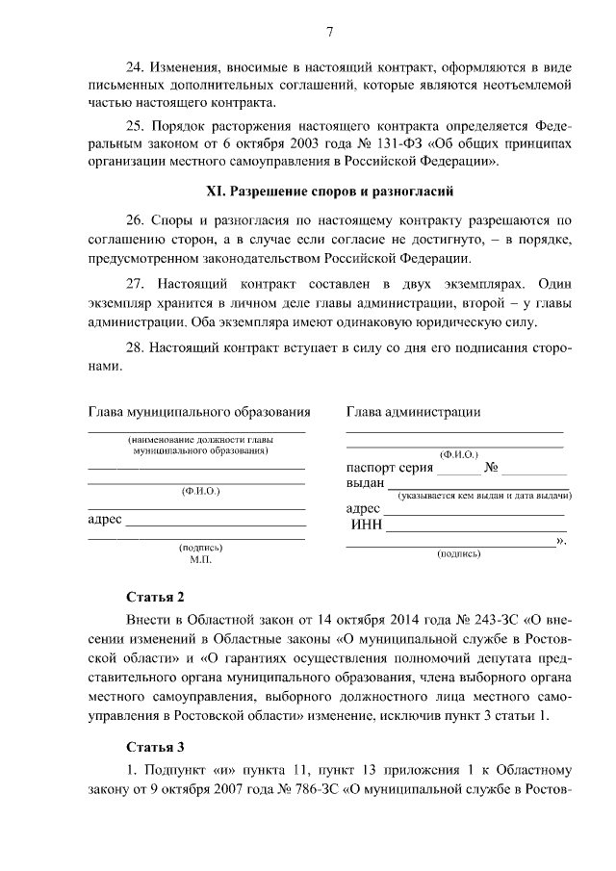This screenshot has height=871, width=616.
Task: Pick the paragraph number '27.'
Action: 141,286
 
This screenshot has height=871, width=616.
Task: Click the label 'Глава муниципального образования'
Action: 199,413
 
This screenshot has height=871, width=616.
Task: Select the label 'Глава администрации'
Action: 413,413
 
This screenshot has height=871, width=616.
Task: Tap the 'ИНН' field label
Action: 368,525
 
